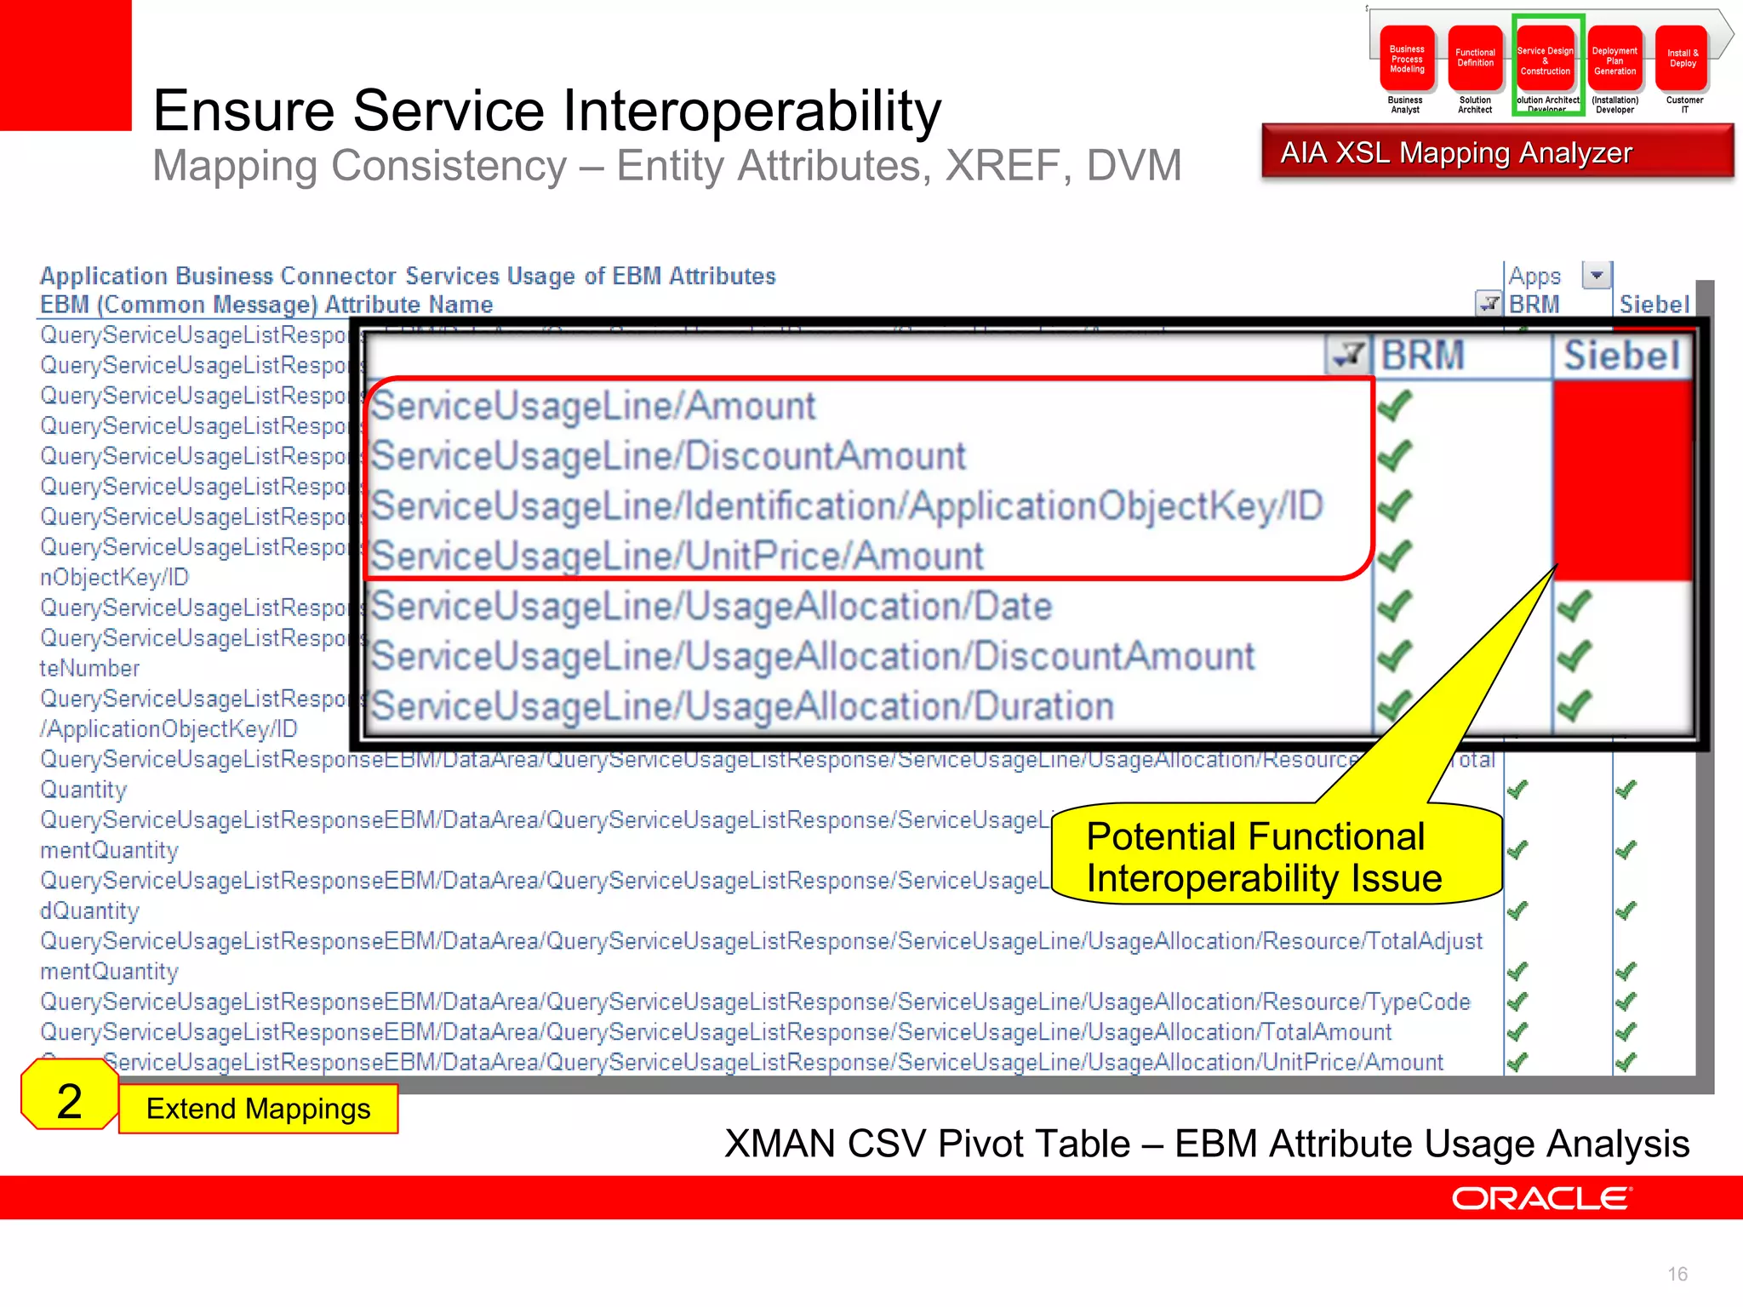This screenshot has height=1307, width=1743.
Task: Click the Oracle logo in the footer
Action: click(x=1540, y=1198)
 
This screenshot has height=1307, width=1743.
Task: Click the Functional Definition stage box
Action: click(x=1475, y=59)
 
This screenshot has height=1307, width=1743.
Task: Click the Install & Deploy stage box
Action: click(x=1683, y=59)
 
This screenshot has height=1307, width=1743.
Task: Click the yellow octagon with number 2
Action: click(x=69, y=1100)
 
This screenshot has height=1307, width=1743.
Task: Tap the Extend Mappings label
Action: click(x=258, y=1108)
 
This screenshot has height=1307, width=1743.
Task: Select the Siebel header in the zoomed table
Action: click(x=1621, y=355)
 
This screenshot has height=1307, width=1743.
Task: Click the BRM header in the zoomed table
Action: click(x=1422, y=355)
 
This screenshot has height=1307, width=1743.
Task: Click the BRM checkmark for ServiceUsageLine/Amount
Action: click(x=1394, y=406)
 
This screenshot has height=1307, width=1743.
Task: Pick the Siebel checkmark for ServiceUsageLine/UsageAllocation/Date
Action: click(x=1574, y=606)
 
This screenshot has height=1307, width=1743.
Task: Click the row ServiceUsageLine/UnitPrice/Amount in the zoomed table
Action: click(x=677, y=556)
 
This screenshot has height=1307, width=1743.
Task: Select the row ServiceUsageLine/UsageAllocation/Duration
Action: click(x=742, y=706)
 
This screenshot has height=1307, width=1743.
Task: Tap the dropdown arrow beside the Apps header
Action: click(x=1596, y=275)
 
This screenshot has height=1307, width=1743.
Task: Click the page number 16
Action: click(x=1677, y=1274)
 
